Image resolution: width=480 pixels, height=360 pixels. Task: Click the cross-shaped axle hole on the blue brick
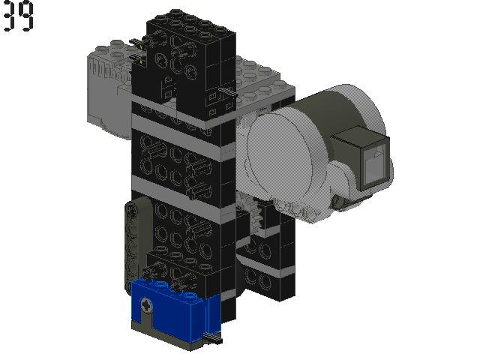[x=147, y=305]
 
